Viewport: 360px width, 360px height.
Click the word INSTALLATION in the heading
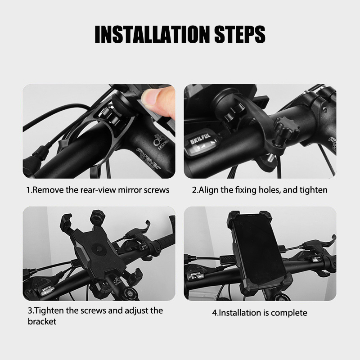pyautogui.click(x=152, y=34)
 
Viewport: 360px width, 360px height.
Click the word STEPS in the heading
pyautogui.click(x=239, y=34)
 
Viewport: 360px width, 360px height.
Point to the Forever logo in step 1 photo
pyautogui.click(x=148, y=159)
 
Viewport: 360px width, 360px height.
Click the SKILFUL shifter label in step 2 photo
pyautogui.click(x=200, y=138)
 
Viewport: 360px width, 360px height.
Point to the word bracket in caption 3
pyautogui.click(x=42, y=321)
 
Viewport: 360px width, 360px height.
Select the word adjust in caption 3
pyautogui.click(x=136, y=311)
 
